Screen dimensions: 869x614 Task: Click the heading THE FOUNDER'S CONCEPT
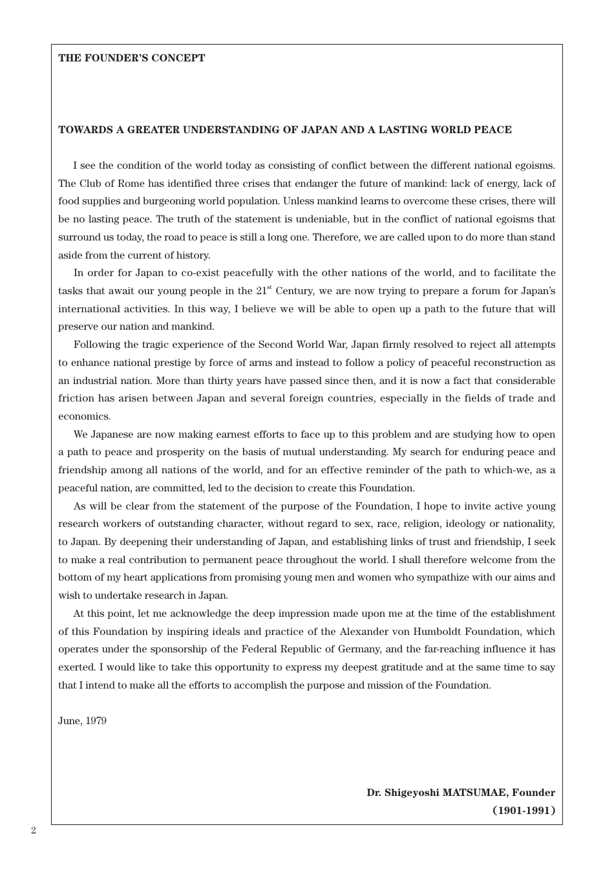pos(131,58)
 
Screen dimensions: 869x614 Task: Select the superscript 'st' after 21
pos(270,288)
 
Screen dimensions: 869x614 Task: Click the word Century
pos(295,291)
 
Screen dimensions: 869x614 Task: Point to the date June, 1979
pos(82,721)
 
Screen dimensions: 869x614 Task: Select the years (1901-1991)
pos(524,810)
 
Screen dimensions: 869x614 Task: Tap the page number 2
pos(34,831)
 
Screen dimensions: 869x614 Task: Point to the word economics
pos(84,416)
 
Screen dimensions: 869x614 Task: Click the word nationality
pos(529,524)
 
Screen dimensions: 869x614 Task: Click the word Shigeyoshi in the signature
pos(412,793)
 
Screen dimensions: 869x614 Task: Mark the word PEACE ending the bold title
pos(492,130)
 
